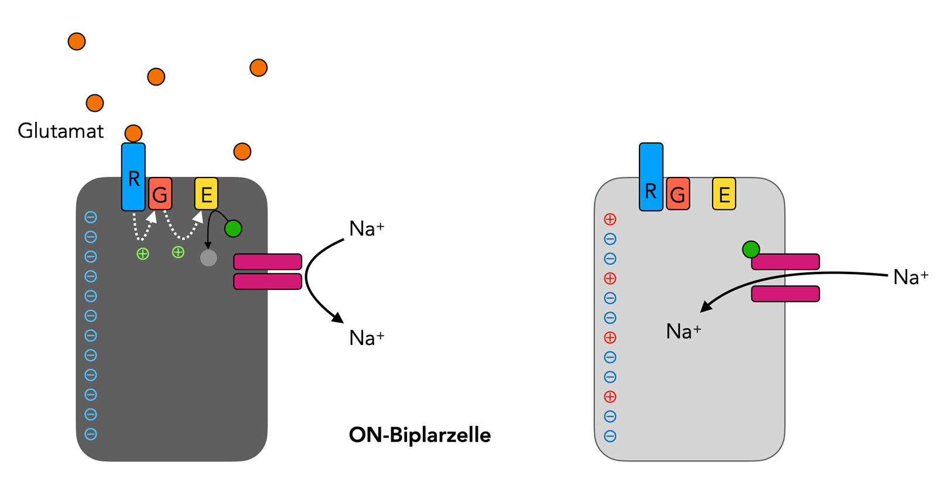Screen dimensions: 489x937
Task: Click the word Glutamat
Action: pos(60,131)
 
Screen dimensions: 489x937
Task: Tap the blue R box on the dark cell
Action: pos(134,177)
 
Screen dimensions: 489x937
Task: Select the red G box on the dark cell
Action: pos(160,194)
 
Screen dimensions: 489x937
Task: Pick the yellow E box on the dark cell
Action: pos(206,194)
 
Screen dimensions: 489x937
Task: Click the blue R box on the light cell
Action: pos(651,177)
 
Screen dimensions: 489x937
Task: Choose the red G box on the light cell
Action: pos(678,194)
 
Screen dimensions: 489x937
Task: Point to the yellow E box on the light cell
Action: pos(724,194)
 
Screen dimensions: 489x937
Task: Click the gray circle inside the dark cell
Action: pos(208,258)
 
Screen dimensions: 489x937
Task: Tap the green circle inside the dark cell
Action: pos(233,228)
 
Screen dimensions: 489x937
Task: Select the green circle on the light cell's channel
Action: pos(751,249)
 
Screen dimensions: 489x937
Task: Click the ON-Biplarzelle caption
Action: pos(419,435)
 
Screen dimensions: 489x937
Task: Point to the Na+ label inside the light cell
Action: pos(683,332)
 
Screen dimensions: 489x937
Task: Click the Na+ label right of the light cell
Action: pos(910,277)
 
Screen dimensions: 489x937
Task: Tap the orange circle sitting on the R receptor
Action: pos(134,134)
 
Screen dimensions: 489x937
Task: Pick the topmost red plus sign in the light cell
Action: pos(610,220)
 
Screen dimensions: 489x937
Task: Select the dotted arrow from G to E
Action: pos(183,231)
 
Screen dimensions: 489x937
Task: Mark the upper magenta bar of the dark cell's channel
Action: pos(268,262)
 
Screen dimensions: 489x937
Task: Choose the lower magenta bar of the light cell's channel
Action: pos(785,293)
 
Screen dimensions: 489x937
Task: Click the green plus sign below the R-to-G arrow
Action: pos(142,254)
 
